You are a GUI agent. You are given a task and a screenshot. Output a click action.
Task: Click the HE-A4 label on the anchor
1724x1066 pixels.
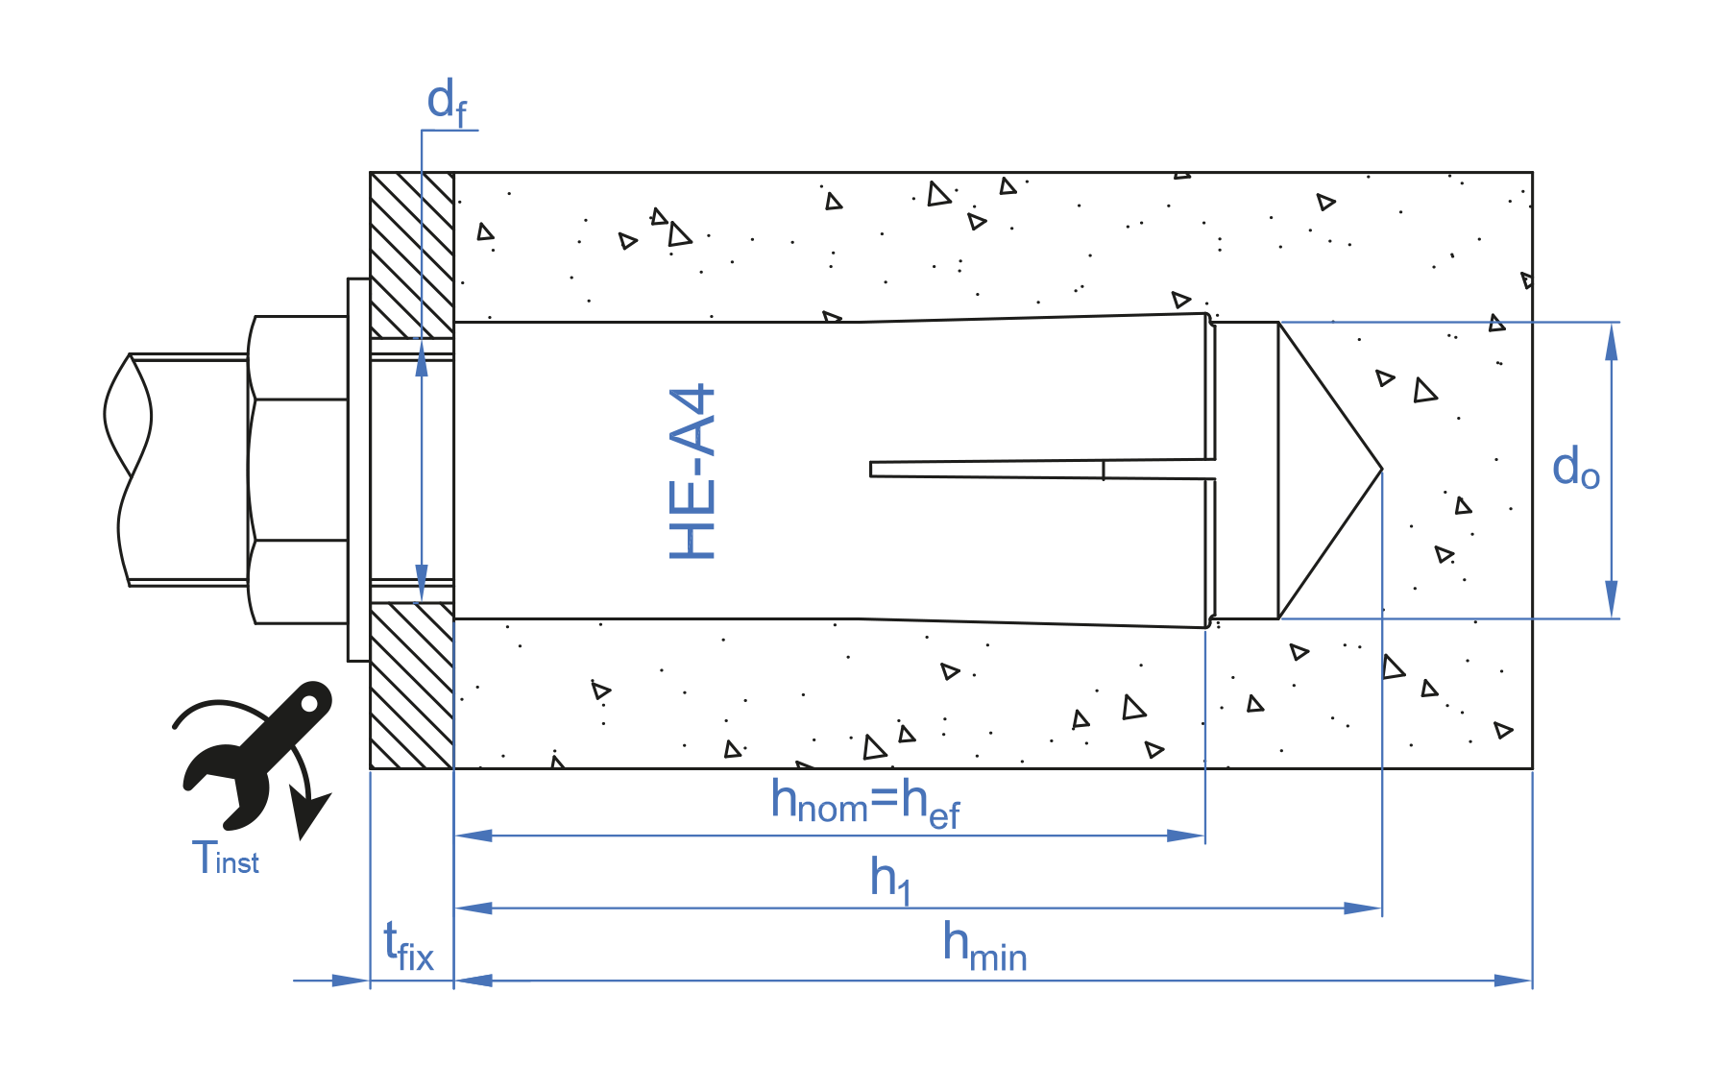click(692, 472)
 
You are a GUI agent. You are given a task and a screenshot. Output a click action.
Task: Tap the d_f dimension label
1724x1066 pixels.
click(447, 102)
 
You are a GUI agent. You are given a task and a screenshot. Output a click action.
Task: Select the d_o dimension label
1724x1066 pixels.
click(1576, 468)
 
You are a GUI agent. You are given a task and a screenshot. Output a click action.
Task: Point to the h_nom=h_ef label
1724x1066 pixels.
click(865, 803)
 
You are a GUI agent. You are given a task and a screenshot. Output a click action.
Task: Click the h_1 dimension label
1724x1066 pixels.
click(890, 879)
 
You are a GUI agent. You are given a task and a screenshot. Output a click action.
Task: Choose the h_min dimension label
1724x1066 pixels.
click(984, 946)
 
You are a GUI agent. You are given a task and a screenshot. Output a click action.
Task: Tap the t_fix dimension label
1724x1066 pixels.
click(408, 946)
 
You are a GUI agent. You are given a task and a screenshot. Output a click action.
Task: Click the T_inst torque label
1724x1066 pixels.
click(226, 857)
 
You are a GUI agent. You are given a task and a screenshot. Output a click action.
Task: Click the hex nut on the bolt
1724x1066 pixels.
click(298, 470)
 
